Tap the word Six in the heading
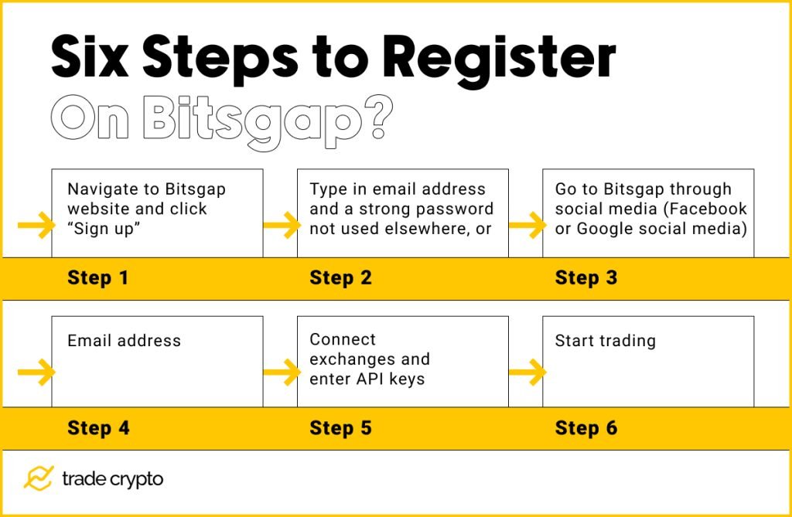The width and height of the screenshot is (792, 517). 97,57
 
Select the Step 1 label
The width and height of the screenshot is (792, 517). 97,278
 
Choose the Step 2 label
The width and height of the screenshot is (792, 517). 340,278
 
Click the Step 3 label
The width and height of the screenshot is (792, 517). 585,278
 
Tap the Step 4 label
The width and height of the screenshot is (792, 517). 98,428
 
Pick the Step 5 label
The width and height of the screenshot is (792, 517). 340,428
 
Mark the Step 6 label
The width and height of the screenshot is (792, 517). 585,428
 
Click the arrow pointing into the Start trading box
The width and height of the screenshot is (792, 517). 527,373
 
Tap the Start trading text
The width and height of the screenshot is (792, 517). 605,341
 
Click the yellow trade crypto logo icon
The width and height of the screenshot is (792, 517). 37,478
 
